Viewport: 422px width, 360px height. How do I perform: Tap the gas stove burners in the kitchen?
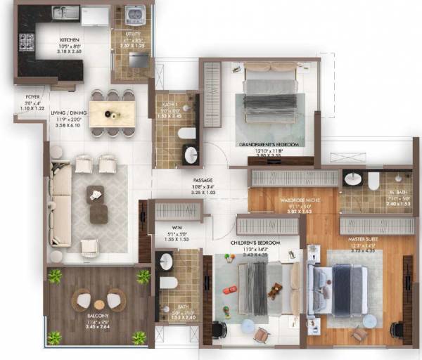[x=26, y=41]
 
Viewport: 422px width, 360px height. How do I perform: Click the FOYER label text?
[x=33, y=97]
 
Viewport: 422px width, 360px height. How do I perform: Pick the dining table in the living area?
[x=112, y=112]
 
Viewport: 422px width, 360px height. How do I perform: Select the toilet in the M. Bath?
[x=373, y=181]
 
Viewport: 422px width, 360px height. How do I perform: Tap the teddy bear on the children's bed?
[x=276, y=290]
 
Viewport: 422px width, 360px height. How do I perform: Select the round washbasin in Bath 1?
[x=191, y=156]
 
